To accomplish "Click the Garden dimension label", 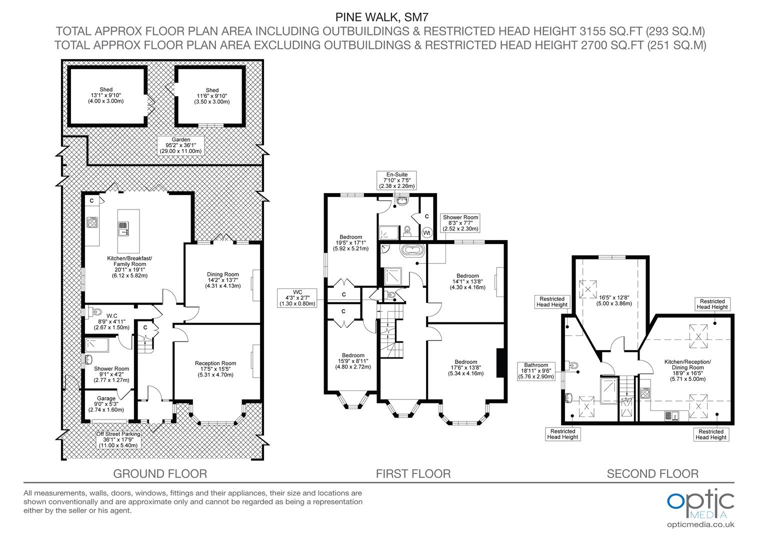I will tap(180, 145).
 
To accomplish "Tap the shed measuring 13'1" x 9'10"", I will tap(106, 95).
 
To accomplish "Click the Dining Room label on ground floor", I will tap(223, 280).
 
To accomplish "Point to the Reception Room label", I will tap(215, 369).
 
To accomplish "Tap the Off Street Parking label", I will tap(118, 439).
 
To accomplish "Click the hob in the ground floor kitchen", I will tap(92, 222).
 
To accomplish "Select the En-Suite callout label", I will tap(396, 180).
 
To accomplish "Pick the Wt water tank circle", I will tap(426, 232).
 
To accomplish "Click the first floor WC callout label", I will tap(297, 297).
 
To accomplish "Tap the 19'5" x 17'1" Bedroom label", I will tap(350, 242).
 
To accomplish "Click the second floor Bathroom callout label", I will tap(536, 371).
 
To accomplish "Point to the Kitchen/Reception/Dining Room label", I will tap(687, 370).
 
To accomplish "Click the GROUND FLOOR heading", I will tap(160, 473).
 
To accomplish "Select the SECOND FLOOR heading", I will tap(652, 473).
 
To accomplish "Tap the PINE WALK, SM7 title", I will tap(381, 18).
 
